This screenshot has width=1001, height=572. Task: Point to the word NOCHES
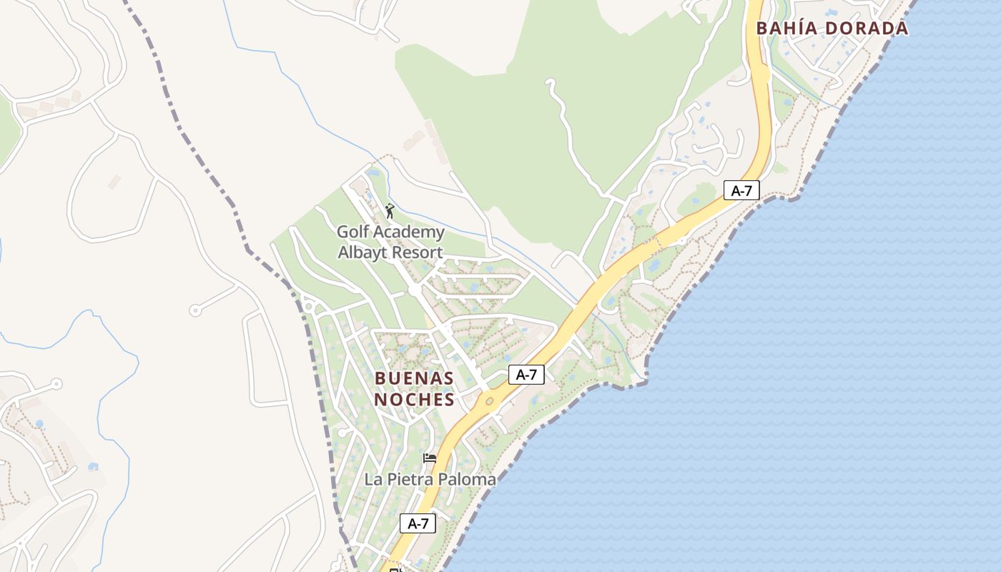point(414,400)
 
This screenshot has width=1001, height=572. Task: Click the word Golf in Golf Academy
point(352,232)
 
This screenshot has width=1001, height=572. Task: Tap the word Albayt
point(361,252)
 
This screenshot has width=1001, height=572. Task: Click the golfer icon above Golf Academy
point(390,211)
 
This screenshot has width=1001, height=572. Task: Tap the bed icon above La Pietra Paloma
point(430,458)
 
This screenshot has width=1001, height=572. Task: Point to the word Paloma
point(468,479)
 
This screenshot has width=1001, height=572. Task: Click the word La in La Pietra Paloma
point(373,479)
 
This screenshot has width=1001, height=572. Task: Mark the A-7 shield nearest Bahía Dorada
point(741,190)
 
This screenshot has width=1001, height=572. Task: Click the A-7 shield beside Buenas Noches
point(526,375)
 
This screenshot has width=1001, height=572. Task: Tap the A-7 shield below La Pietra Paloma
point(418,523)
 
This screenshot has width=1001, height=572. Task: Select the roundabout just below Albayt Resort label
point(415,290)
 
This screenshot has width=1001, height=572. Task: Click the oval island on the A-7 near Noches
point(489,401)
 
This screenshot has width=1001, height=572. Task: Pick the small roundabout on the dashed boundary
point(309,307)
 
